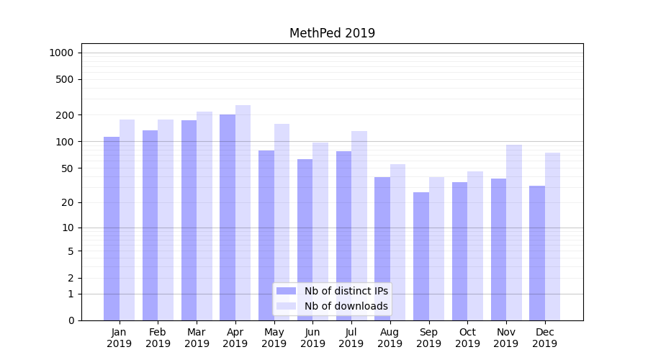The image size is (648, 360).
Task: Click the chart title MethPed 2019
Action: pyautogui.click(x=332, y=33)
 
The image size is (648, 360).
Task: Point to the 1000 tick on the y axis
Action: pyautogui.click(x=61, y=53)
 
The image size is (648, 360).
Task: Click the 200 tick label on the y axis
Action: pyautogui.click(x=65, y=115)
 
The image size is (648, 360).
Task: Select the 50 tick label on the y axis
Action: pyautogui.click(x=67, y=168)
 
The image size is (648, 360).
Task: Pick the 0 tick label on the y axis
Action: pyautogui.click(x=71, y=320)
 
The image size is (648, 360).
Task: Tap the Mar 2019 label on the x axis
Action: pyautogui.click(x=197, y=338)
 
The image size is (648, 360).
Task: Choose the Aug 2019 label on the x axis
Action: pyautogui.click(x=390, y=338)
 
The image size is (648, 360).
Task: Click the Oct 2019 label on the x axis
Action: pyautogui.click(x=467, y=338)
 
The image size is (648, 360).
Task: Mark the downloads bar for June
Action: pyautogui.click(x=320, y=231)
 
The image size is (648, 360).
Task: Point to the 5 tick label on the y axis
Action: pyautogui.click(x=71, y=251)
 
